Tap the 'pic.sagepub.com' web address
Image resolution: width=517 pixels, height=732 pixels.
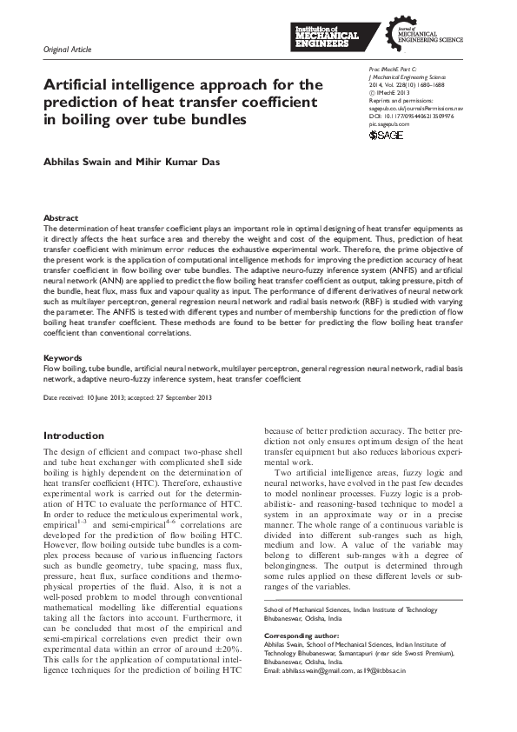tap(388, 124)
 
